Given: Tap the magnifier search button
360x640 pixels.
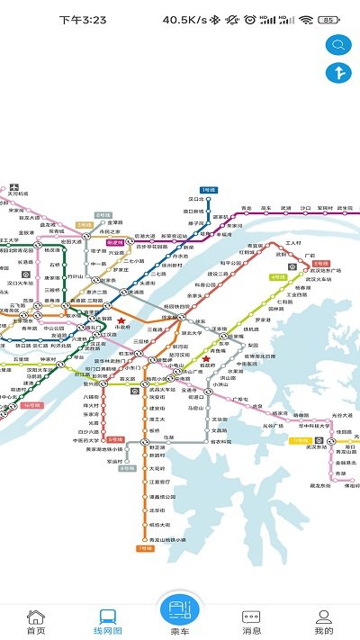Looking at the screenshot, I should coord(339,44).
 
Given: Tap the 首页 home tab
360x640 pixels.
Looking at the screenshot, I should coord(35,621).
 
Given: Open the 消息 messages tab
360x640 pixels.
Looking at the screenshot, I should coord(251,621).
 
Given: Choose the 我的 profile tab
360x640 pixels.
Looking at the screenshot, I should coord(323,621).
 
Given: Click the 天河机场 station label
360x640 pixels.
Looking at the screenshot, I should coord(18,194).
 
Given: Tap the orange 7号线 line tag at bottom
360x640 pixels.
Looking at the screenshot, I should coord(144,547).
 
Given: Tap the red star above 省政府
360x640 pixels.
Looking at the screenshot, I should coord(206,357).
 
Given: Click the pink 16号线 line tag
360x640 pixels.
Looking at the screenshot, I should coord(32,406).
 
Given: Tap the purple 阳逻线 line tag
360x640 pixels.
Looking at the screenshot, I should coord(115,242).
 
